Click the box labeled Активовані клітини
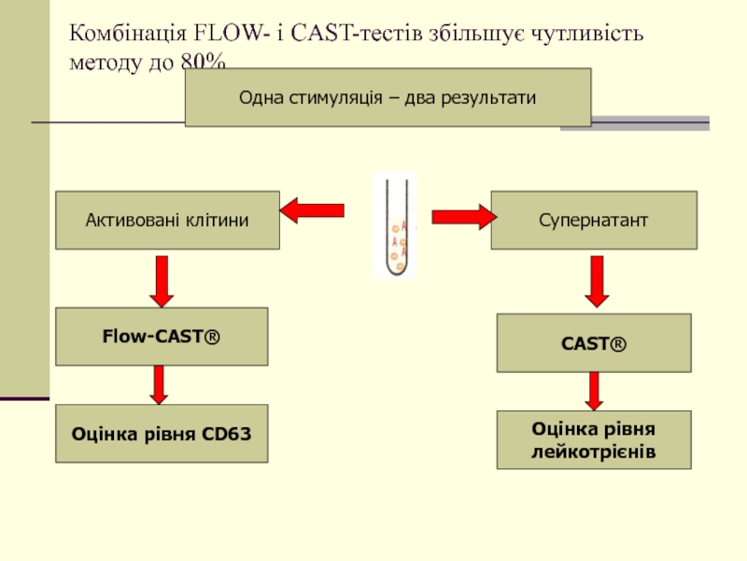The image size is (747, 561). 167,221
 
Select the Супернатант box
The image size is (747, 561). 594,221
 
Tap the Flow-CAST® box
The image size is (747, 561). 162,336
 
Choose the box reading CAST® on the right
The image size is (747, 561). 594,343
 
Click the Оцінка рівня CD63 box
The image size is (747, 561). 162,434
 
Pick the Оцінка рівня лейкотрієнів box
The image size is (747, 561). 594,439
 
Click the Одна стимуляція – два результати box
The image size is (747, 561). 388,97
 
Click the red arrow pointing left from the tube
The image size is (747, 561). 313,211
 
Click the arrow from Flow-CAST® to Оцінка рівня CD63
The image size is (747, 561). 160,383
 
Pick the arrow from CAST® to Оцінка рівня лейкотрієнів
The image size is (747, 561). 593,390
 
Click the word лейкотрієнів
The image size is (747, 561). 594,451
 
